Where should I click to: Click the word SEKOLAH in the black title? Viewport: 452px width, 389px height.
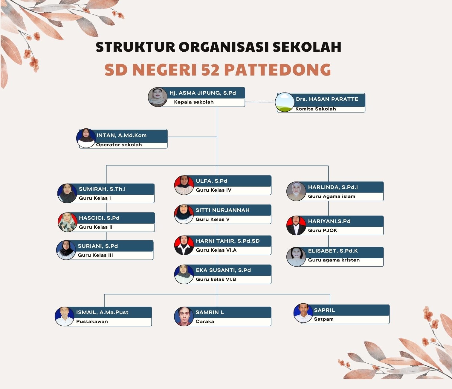[307, 47]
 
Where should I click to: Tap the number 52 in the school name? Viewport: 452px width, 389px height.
[210, 70]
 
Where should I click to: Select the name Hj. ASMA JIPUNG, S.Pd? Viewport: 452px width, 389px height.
[202, 93]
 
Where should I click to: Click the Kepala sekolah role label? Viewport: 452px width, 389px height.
[194, 102]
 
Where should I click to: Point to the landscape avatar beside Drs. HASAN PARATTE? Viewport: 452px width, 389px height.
[285, 102]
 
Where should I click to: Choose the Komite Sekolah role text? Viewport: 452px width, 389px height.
[316, 109]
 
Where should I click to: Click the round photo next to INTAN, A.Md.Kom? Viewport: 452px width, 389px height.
[86, 138]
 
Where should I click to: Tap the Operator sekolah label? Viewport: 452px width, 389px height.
[119, 144]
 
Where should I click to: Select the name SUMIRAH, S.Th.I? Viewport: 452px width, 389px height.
[102, 189]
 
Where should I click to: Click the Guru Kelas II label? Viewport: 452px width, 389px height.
[96, 227]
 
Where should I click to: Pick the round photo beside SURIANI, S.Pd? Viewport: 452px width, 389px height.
[66, 250]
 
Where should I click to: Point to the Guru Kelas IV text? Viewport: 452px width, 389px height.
[213, 190]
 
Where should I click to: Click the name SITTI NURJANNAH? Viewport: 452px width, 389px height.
[222, 210]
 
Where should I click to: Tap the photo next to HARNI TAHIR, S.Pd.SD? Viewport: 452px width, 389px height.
[184, 245]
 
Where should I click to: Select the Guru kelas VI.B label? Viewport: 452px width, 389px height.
[216, 279]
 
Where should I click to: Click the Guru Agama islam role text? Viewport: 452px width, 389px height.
[332, 196]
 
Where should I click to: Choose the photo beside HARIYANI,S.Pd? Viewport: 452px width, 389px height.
[296, 226]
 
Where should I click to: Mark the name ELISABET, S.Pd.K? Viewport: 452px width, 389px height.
[333, 251]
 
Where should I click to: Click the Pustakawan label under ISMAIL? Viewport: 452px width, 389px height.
[92, 321]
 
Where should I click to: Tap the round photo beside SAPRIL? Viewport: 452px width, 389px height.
[303, 313]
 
